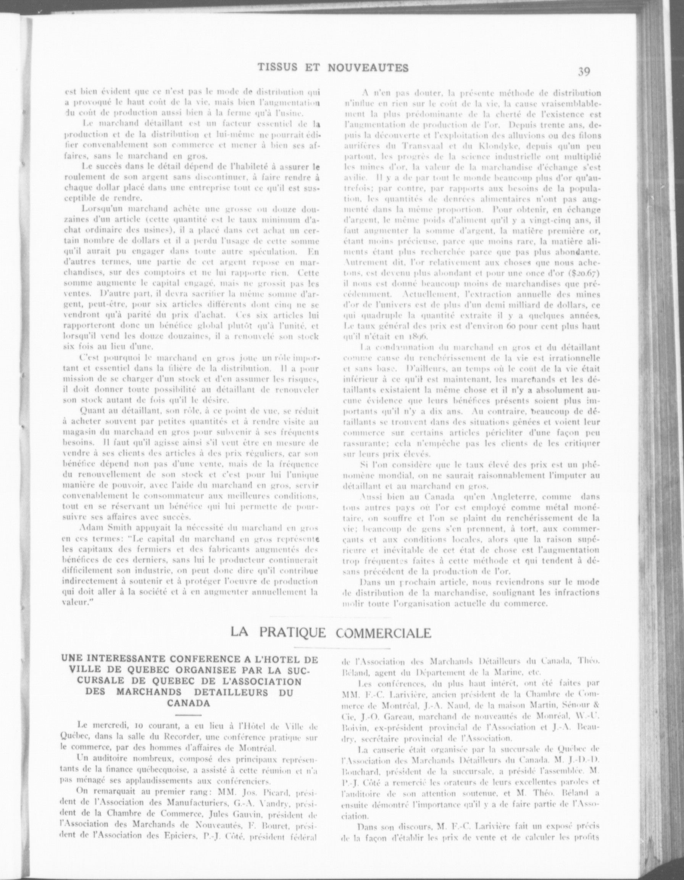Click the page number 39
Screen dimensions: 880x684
[x=584, y=72]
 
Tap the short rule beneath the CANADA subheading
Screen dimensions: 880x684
[x=189, y=715]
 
